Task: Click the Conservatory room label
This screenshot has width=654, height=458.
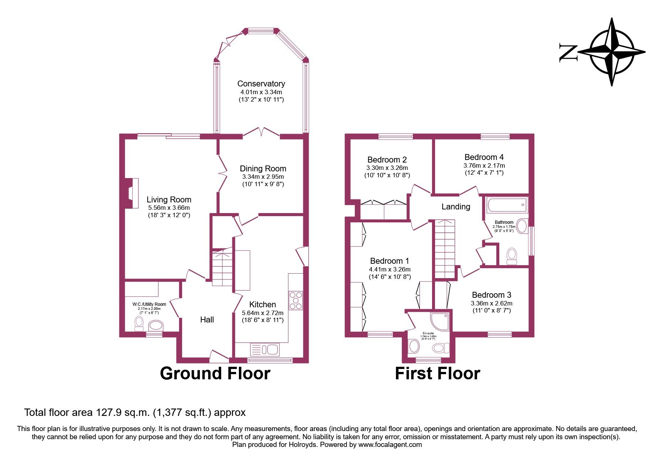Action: [261, 83]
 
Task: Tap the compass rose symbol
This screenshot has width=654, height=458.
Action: [612, 52]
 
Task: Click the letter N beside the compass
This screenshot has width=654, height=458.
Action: [568, 52]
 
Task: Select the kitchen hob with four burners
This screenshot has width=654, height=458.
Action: [296, 300]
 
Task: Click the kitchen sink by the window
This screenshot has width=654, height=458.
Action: [264, 349]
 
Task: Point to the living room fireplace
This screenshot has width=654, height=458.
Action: [131, 194]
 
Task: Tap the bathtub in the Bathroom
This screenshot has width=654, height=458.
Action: [507, 205]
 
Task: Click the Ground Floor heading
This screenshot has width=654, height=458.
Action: [215, 373]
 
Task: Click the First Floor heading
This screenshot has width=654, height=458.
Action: [437, 373]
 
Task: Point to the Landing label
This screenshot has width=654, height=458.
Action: [456, 206]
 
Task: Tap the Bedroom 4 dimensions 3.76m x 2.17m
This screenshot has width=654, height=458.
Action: [484, 165]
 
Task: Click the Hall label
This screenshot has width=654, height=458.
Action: [207, 319]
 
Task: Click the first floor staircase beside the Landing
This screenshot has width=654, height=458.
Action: [445, 249]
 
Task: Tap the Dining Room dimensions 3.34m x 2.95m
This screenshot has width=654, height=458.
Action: [263, 177]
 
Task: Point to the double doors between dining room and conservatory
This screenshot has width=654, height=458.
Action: [261, 132]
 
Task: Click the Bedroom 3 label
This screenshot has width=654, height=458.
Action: [492, 295]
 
